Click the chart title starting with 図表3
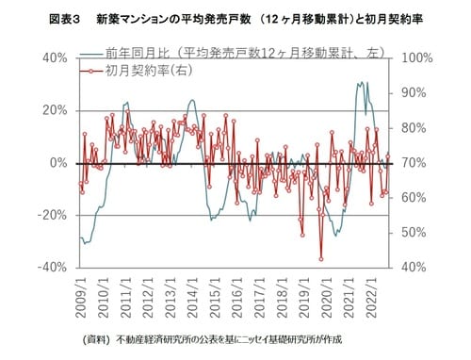tap(235, 18)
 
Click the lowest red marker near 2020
tap(321, 258)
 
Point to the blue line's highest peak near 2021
tap(358, 83)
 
